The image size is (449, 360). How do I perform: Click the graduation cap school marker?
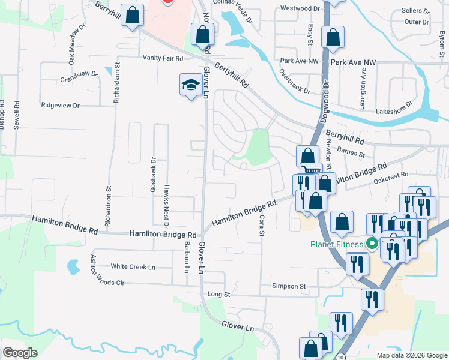coord(191,85)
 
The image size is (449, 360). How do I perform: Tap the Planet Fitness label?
coord(336,244)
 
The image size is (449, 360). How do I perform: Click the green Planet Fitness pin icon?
coord(372,244)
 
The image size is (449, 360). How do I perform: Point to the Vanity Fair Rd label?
coord(162,57)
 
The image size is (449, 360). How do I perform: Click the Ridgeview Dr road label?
coord(60,105)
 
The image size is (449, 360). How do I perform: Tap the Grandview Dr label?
coord(79,76)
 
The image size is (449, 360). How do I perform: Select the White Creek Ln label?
coord(133,266)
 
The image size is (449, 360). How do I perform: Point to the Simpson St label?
coord(289,286)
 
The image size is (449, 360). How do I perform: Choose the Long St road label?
coord(218,295)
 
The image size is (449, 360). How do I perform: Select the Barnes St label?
coord(351,153)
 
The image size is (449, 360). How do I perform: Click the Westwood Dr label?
coord(300,9)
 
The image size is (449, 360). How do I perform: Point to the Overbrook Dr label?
coord(294,82)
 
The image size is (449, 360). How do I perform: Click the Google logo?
coord(20,353)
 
